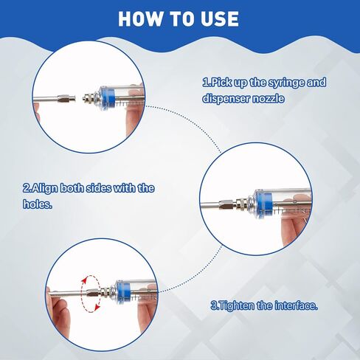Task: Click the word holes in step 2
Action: [x=37, y=204]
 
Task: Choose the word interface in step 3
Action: [x=295, y=305]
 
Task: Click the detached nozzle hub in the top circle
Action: [x=66, y=99]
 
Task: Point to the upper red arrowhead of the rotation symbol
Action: [x=85, y=280]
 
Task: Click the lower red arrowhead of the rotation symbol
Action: [x=98, y=308]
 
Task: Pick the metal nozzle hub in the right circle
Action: [x=227, y=204]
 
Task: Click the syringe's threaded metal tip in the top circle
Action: [x=91, y=99]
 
